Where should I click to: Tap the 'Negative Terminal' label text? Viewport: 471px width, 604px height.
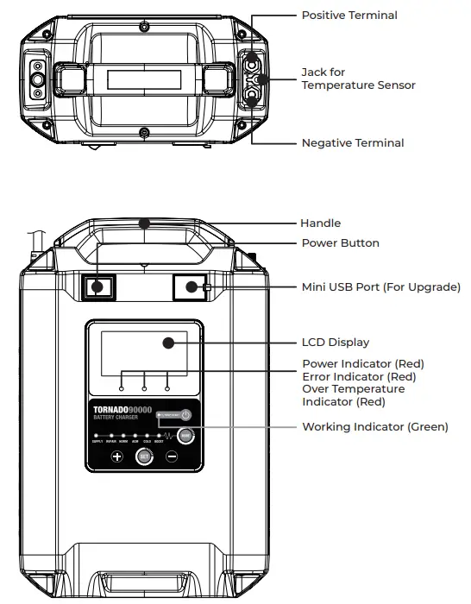pyautogui.click(x=352, y=143)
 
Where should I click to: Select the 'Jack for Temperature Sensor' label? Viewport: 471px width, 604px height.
pyautogui.click(x=358, y=79)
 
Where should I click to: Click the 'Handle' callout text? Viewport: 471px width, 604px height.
pyautogui.click(x=320, y=223)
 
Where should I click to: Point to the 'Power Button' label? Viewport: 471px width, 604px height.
pyautogui.click(x=340, y=243)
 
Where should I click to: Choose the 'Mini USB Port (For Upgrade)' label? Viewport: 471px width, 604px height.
pyautogui.click(x=380, y=286)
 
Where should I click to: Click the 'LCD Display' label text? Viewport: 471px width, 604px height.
pyautogui.click(x=335, y=343)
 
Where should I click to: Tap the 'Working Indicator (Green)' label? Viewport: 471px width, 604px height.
pyautogui.click(x=374, y=427)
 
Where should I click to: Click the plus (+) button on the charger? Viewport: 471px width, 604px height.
pyautogui.click(x=116, y=457)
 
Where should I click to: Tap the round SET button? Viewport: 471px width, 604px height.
pyautogui.click(x=144, y=457)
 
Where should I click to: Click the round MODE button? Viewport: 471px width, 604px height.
pyautogui.click(x=184, y=437)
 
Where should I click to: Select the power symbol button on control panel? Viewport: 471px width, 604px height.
pyautogui.click(x=185, y=416)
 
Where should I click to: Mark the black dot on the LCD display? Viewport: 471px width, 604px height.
pyautogui.click(x=168, y=343)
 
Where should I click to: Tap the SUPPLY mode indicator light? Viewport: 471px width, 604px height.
pyautogui.click(x=97, y=435)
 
